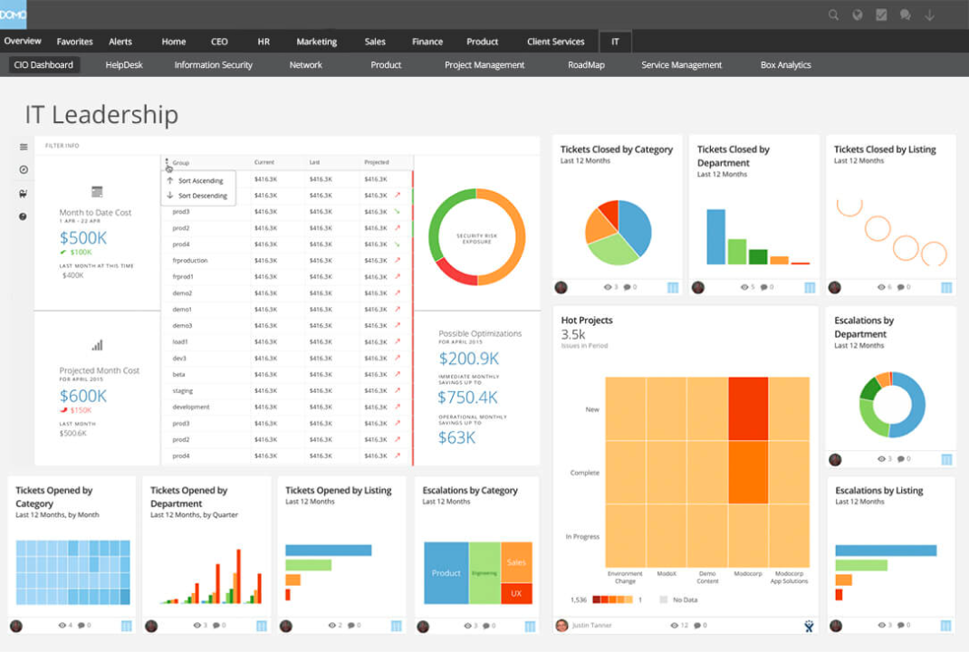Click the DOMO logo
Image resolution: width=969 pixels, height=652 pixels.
pos(14,14)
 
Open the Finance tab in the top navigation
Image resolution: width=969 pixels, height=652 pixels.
pos(427,42)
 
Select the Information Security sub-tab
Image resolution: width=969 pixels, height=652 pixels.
pos(213,65)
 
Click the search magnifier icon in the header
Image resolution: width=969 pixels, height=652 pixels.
pos(833,15)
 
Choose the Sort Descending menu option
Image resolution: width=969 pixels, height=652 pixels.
pos(202,196)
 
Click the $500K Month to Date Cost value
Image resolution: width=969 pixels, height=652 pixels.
pos(83,238)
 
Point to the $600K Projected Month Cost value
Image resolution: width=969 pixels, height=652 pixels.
pos(83,396)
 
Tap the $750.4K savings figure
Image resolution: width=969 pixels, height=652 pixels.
pos(467,398)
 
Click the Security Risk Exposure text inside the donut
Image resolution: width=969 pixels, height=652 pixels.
pos(476,236)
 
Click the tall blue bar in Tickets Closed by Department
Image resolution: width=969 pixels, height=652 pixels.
pos(715,236)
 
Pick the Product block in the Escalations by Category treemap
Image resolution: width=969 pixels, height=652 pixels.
pos(446,573)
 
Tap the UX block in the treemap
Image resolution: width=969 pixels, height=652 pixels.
pos(516,593)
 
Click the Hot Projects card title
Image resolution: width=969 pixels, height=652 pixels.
pos(587,321)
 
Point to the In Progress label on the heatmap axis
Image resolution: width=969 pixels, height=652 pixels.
pos(582,537)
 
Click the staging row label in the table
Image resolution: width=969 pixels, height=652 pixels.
pos(182,391)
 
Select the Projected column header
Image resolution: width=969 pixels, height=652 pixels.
pos(377,163)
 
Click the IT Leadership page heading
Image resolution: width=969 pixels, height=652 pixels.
pos(101,115)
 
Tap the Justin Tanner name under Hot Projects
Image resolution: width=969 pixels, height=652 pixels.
pos(593,626)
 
